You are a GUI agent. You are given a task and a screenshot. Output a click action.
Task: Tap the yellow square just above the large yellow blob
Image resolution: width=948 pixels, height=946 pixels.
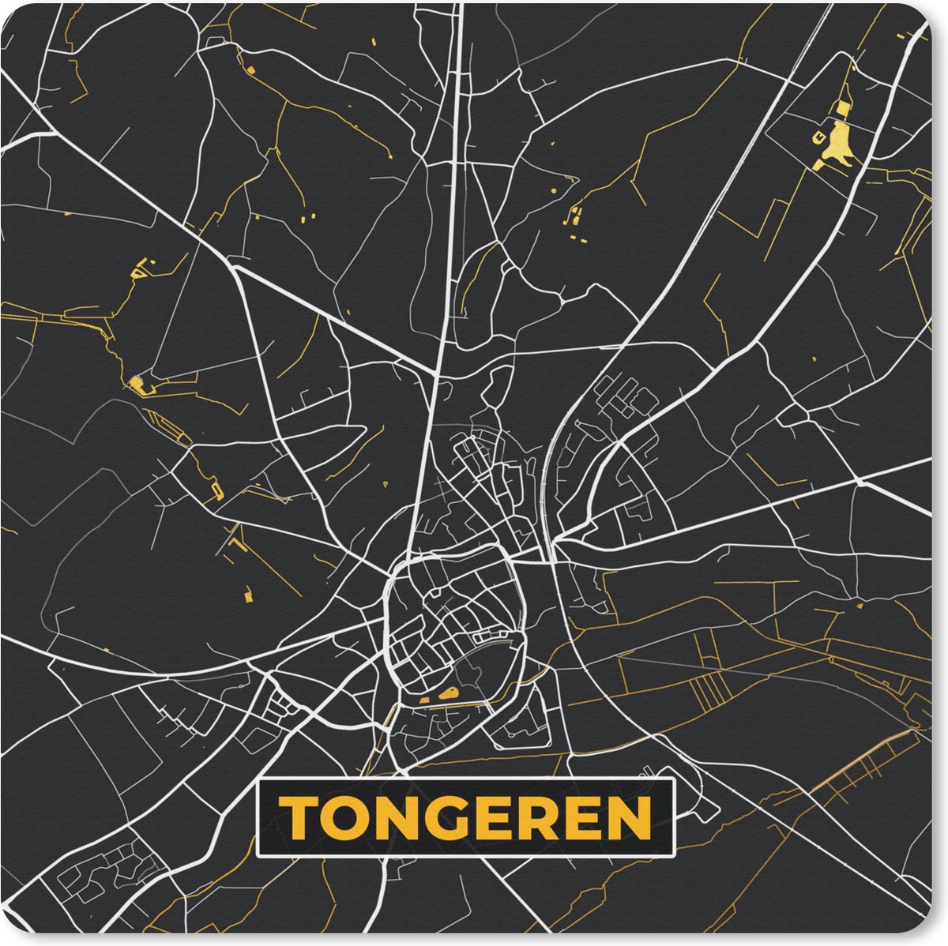[x=843, y=107]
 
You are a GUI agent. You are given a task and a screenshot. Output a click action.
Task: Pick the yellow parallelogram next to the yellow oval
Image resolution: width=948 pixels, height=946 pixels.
[x=425, y=700]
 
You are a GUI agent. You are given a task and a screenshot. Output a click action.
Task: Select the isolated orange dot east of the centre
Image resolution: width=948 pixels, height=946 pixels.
[x=859, y=606]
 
